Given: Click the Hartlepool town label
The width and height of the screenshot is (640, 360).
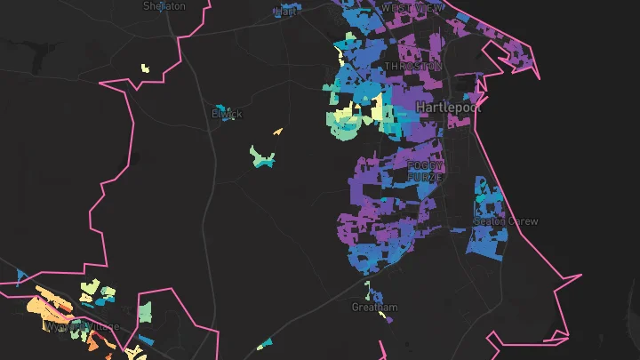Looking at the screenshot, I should [447, 107].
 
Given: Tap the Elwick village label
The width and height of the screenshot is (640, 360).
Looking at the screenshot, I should [226, 114].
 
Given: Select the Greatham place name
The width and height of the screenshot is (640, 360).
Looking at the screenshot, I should [375, 308].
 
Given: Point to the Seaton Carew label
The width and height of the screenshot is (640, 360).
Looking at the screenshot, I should [506, 221].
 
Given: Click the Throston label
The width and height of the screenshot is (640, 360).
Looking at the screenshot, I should [412, 67].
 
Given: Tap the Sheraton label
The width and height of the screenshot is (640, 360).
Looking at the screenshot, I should [164, 5].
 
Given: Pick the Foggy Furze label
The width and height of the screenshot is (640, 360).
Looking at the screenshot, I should [424, 172].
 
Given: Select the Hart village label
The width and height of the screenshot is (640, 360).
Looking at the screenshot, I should [286, 12].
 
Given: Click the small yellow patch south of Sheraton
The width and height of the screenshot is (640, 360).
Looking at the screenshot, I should [145, 68].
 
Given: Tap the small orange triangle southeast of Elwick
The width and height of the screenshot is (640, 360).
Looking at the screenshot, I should [278, 132].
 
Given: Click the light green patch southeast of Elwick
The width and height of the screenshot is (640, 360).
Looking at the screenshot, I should [262, 157].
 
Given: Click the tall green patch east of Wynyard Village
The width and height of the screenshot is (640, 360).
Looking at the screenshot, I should [145, 312].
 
